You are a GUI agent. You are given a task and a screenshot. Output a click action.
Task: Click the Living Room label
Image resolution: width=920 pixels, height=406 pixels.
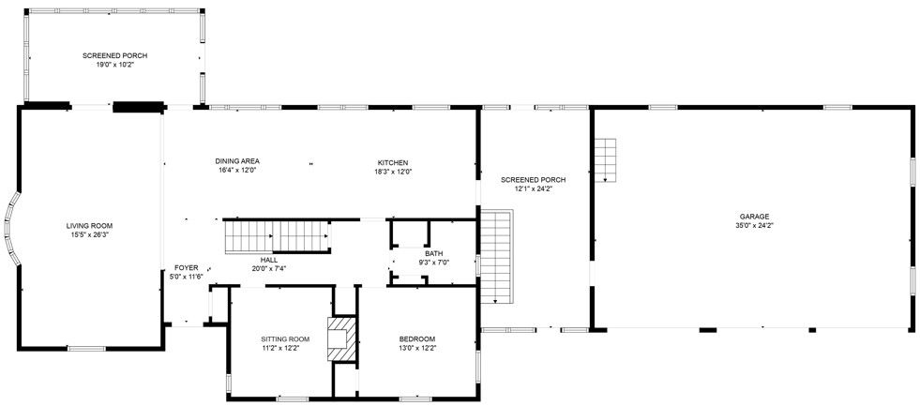[x=89, y=226]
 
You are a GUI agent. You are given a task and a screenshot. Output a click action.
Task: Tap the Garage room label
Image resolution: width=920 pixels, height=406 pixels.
[x=754, y=217]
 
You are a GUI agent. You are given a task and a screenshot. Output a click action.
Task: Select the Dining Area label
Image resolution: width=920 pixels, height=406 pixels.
[x=237, y=161]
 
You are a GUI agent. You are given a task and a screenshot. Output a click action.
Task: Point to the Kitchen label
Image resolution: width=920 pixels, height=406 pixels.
[x=393, y=162]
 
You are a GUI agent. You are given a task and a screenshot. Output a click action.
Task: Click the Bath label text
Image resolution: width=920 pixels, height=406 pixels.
[x=433, y=253]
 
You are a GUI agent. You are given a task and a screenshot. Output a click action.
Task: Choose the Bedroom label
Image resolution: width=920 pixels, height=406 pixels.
[x=416, y=338]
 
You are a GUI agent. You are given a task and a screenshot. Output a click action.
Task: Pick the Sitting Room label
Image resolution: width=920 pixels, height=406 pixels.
[x=285, y=338]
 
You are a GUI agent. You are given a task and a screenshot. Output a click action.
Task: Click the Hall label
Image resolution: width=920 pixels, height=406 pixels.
[x=268, y=260]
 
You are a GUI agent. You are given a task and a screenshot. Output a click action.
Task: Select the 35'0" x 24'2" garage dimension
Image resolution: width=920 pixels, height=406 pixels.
[x=754, y=226]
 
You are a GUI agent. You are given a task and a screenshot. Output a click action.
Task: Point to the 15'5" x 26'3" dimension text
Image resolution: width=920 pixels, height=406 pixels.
[x=89, y=234]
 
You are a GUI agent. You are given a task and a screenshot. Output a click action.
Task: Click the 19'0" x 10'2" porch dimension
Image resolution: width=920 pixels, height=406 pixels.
[x=114, y=65]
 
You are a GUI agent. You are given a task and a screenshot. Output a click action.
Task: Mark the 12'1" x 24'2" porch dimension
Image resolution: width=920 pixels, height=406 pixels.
[x=533, y=188]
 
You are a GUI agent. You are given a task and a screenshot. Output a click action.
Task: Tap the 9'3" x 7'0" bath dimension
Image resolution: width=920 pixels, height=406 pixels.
[x=433, y=263]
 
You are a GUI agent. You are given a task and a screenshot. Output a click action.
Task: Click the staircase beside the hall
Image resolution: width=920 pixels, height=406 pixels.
[x=278, y=234]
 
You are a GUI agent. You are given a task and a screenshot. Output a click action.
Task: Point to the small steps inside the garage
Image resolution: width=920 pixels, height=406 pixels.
[x=606, y=159]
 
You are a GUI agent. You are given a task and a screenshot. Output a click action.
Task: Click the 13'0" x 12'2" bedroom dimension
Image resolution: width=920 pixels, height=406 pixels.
[x=416, y=348]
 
